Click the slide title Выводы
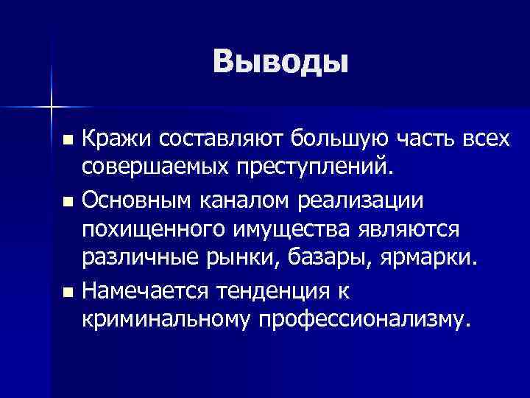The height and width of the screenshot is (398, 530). (x=280, y=63)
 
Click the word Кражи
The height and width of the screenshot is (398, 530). (x=114, y=138)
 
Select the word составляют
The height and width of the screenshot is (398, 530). (x=217, y=138)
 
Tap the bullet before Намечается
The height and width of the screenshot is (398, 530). (x=68, y=293)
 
